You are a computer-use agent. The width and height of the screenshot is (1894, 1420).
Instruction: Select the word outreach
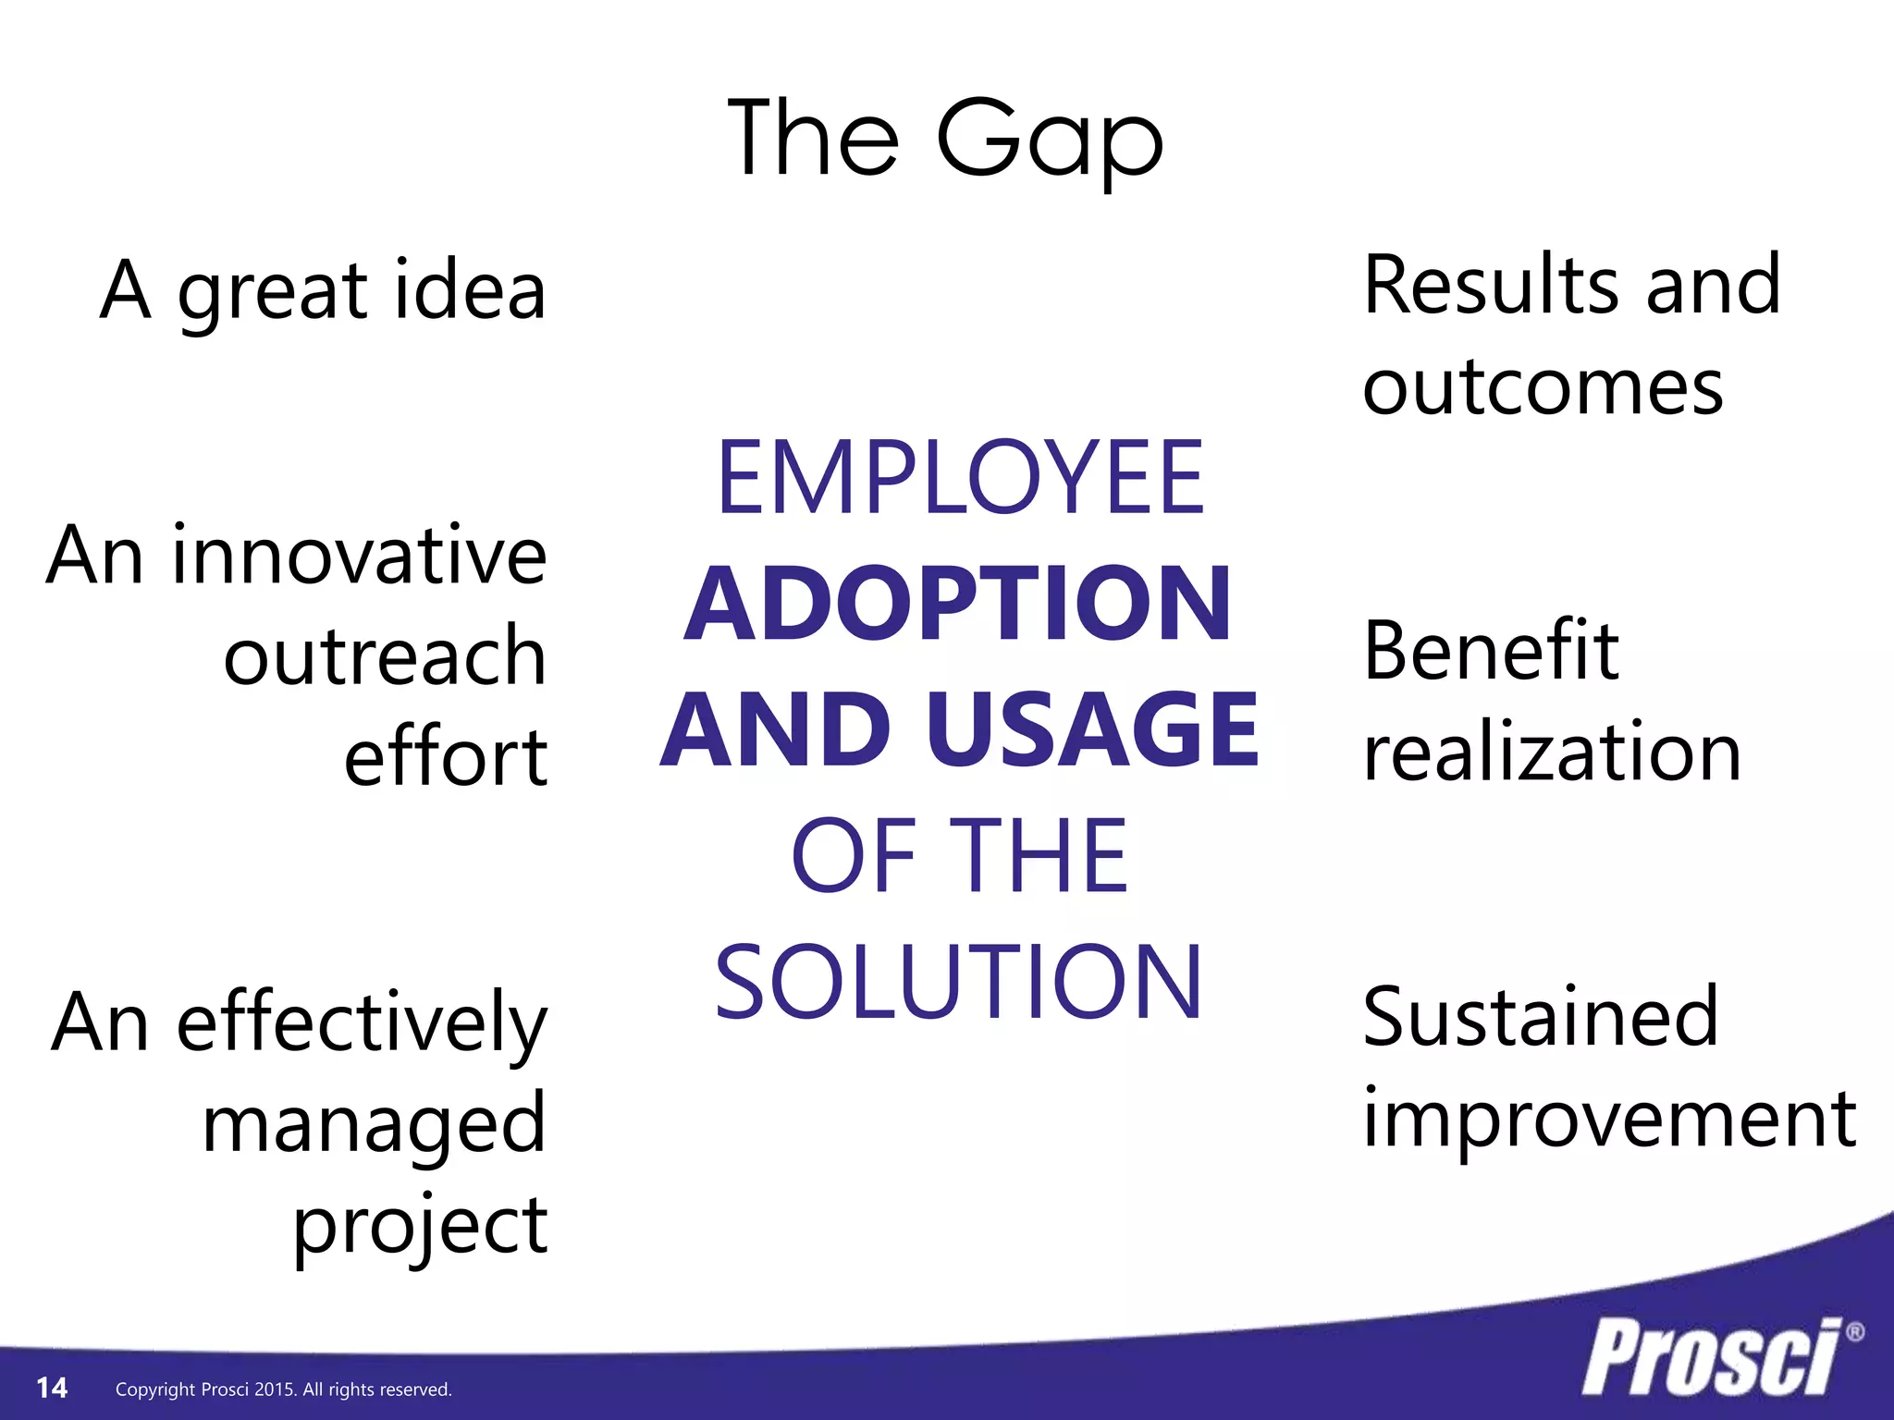(385, 656)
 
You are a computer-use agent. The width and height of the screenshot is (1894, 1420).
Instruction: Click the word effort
(446, 757)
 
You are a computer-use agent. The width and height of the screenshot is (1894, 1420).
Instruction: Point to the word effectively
(362, 1023)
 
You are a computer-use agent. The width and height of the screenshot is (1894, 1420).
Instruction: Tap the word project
(420, 1226)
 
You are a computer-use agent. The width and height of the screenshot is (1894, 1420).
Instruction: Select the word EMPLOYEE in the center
(960, 478)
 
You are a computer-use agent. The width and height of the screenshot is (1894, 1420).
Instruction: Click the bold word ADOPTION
(958, 604)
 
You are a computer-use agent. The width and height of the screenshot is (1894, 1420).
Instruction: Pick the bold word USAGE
(1093, 730)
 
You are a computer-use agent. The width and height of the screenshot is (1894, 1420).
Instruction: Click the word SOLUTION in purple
(958, 982)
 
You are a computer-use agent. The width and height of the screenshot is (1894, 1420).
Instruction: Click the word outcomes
(1543, 387)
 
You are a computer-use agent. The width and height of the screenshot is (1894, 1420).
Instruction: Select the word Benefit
(1491, 651)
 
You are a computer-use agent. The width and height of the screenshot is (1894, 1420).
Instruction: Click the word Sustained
(1540, 1017)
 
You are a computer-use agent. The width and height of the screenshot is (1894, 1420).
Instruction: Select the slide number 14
(52, 1388)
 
